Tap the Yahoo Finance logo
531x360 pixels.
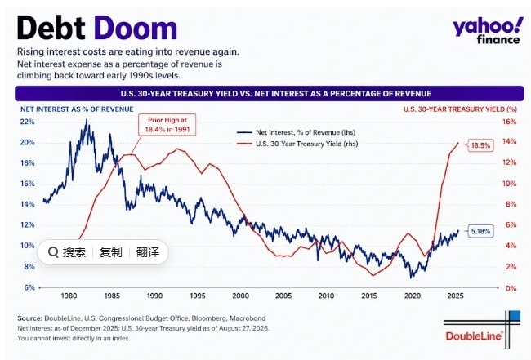487,31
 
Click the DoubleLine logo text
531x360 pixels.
474,336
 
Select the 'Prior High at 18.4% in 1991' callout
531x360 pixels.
167,125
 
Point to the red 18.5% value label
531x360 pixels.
480,145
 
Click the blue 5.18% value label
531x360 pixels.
480,232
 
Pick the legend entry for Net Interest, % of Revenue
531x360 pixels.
296,132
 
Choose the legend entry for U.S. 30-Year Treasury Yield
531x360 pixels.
297,144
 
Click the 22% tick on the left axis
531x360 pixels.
28,122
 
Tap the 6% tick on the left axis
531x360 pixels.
29,287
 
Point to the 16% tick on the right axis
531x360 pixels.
509,122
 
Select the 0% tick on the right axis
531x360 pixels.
511,288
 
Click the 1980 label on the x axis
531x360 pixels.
69,296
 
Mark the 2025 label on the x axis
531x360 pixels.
455,296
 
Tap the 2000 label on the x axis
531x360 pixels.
240,296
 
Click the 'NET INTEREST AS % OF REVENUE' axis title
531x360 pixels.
77,109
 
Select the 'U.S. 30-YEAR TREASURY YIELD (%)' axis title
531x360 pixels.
460,109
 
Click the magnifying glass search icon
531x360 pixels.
53,252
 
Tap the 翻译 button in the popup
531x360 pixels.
148,252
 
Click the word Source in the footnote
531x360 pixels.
29,318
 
